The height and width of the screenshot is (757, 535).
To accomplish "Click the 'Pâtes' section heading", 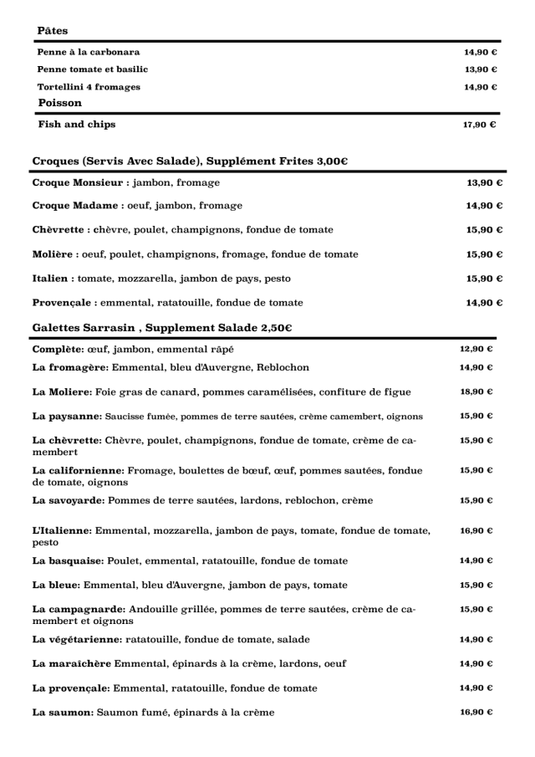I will click(x=53, y=31).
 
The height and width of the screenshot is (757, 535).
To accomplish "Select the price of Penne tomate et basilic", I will click(x=481, y=69).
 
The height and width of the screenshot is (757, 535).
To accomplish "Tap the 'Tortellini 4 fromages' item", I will click(x=89, y=87).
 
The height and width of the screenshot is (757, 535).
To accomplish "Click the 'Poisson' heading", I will click(x=60, y=103).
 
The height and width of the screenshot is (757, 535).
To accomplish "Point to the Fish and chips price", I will click(x=481, y=125).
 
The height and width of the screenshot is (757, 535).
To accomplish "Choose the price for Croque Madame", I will click(x=485, y=206).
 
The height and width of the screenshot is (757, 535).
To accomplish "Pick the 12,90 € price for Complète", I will click(x=476, y=349).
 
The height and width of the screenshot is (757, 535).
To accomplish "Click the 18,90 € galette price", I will click(x=476, y=391).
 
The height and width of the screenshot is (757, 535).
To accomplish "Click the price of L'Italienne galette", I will click(x=476, y=530).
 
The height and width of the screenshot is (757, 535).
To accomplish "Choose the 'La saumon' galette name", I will click(x=61, y=713).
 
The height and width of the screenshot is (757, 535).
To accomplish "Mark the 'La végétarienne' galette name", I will click(x=77, y=640).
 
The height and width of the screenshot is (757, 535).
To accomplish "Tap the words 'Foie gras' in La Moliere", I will click(x=115, y=391).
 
